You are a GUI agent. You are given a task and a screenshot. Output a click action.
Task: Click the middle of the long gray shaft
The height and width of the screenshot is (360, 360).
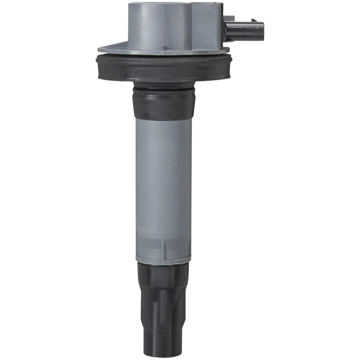[x=163, y=180]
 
